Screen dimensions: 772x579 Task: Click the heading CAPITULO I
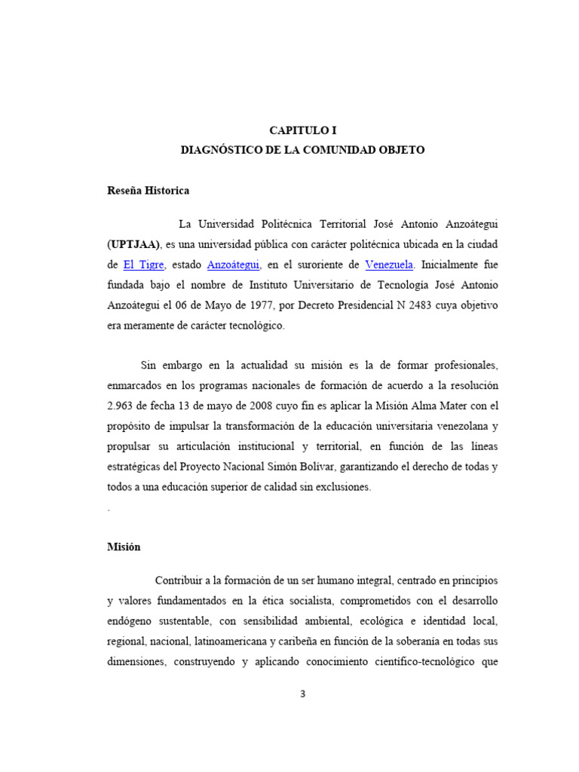coord(302,130)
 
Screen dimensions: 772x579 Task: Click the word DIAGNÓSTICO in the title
coord(219,150)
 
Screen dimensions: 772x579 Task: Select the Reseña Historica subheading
coord(149,191)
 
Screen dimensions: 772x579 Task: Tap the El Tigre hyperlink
coord(143,265)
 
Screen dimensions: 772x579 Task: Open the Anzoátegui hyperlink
coord(234,265)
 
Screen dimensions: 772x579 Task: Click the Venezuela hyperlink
coord(389,265)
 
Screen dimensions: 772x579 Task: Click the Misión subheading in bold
coord(124,547)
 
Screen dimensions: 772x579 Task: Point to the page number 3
coord(302,694)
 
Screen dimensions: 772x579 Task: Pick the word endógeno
coord(131,622)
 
